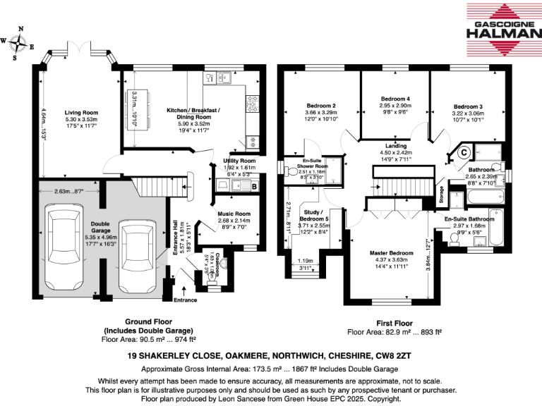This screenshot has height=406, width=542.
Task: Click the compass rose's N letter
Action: pyautogui.click(x=20, y=29)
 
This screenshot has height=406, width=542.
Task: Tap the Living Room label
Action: pyautogui.click(x=81, y=113)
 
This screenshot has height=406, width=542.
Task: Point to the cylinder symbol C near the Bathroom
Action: pyautogui.click(x=464, y=150)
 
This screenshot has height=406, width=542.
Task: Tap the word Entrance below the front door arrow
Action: pyautogui.click(x=186, y=300)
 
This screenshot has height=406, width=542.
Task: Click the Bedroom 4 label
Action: pyautogui.click(x=395, y=98)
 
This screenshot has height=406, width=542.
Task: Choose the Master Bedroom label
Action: pyautogui.click(x=392, y=252)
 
